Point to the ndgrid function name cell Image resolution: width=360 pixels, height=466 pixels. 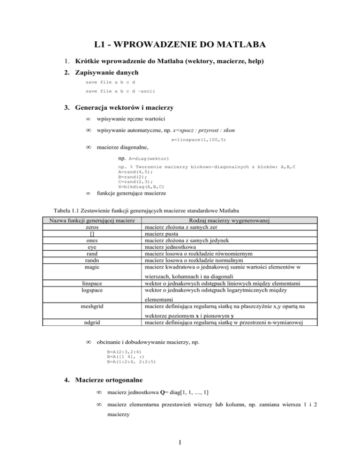[89, 322]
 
